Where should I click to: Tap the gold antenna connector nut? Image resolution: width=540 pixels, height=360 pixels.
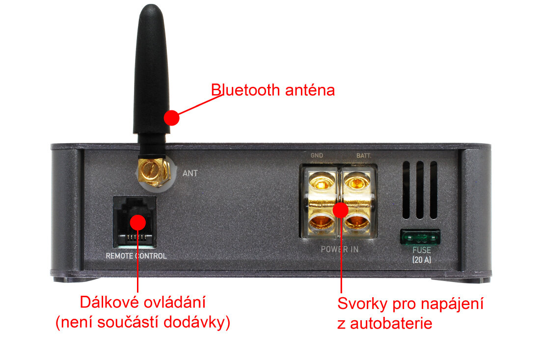click(154, 173)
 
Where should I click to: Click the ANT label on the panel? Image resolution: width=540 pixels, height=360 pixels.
click(190, 173)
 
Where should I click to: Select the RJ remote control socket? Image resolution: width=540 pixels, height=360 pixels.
click(135, 222)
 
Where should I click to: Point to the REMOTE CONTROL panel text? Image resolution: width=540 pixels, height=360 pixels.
click(136, 256)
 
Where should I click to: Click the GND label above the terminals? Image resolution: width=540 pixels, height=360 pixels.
click(317, 155)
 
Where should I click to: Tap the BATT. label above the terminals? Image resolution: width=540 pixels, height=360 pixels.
click(364, 155)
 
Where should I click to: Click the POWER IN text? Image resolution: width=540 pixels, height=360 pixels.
click(340, 249)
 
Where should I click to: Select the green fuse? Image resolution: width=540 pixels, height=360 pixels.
click(420, 237)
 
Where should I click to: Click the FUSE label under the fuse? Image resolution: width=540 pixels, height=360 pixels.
click(422, 250)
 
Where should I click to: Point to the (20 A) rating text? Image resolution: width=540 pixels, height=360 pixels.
click(422, 259)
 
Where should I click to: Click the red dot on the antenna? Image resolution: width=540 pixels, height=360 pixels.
click(171, 118)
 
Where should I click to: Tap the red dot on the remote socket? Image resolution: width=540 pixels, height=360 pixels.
click(138, 222)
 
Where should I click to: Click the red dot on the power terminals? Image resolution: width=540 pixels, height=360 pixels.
click(340, 210)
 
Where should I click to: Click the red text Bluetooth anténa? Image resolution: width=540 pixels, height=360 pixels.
click(273, 90)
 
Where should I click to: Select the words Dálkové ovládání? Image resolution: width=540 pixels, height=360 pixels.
click(142, 302)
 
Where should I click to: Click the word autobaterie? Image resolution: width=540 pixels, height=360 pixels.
click(391, 324)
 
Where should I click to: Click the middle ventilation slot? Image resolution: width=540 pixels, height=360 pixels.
click(420, 190)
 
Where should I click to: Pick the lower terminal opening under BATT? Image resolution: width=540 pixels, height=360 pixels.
click(357, 222)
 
